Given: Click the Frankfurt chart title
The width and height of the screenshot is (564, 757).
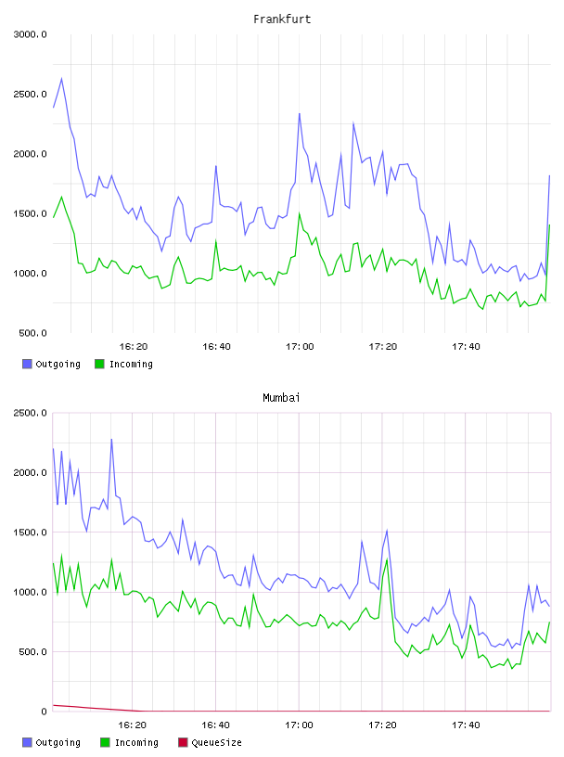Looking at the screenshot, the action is (x=282, y=19).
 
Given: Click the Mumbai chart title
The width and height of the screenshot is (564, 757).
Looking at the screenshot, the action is (x=281, y=398).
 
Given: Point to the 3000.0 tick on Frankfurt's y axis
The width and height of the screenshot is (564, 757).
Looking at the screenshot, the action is (x=30, y=34).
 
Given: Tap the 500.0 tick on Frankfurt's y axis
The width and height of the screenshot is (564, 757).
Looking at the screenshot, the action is (x=32, y=333).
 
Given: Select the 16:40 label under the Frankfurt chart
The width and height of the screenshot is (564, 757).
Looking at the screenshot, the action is (x=216, y=347).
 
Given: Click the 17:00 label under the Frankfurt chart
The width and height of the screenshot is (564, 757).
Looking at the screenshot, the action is (x=300, y=347).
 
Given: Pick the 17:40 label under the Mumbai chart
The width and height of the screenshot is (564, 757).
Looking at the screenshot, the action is (x=466, y=725).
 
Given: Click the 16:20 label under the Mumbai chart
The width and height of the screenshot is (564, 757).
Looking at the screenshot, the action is (x=133, y=725).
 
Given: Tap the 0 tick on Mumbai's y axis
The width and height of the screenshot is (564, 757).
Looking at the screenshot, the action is (x=44, y=712).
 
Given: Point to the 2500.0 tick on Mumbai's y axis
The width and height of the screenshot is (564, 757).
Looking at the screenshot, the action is (x=30, y=413).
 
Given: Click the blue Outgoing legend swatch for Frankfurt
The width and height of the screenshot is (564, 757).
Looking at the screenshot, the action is (x=27, y=364).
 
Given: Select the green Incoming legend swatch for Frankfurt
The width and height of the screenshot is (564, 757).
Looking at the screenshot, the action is (x=99, y=364).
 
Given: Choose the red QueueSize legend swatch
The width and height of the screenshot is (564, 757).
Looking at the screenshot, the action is (x=183, y=742).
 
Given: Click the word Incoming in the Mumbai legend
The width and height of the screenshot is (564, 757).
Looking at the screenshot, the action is (x=136, y=742).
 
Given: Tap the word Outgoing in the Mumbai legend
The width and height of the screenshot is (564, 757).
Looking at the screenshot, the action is (x=58, y=742).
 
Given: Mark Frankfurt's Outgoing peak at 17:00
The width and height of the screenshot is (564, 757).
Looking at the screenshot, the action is (x=300, y=114).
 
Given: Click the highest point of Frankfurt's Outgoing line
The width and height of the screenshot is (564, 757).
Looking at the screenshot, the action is (x=61, y=78).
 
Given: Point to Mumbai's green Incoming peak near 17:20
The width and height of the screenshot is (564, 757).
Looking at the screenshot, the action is (x=387, y=559).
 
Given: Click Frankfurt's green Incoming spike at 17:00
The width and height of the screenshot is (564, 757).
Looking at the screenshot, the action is (x=300, y=213).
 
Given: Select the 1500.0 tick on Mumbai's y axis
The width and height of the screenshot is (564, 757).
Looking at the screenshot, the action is (x=30, y=532).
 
